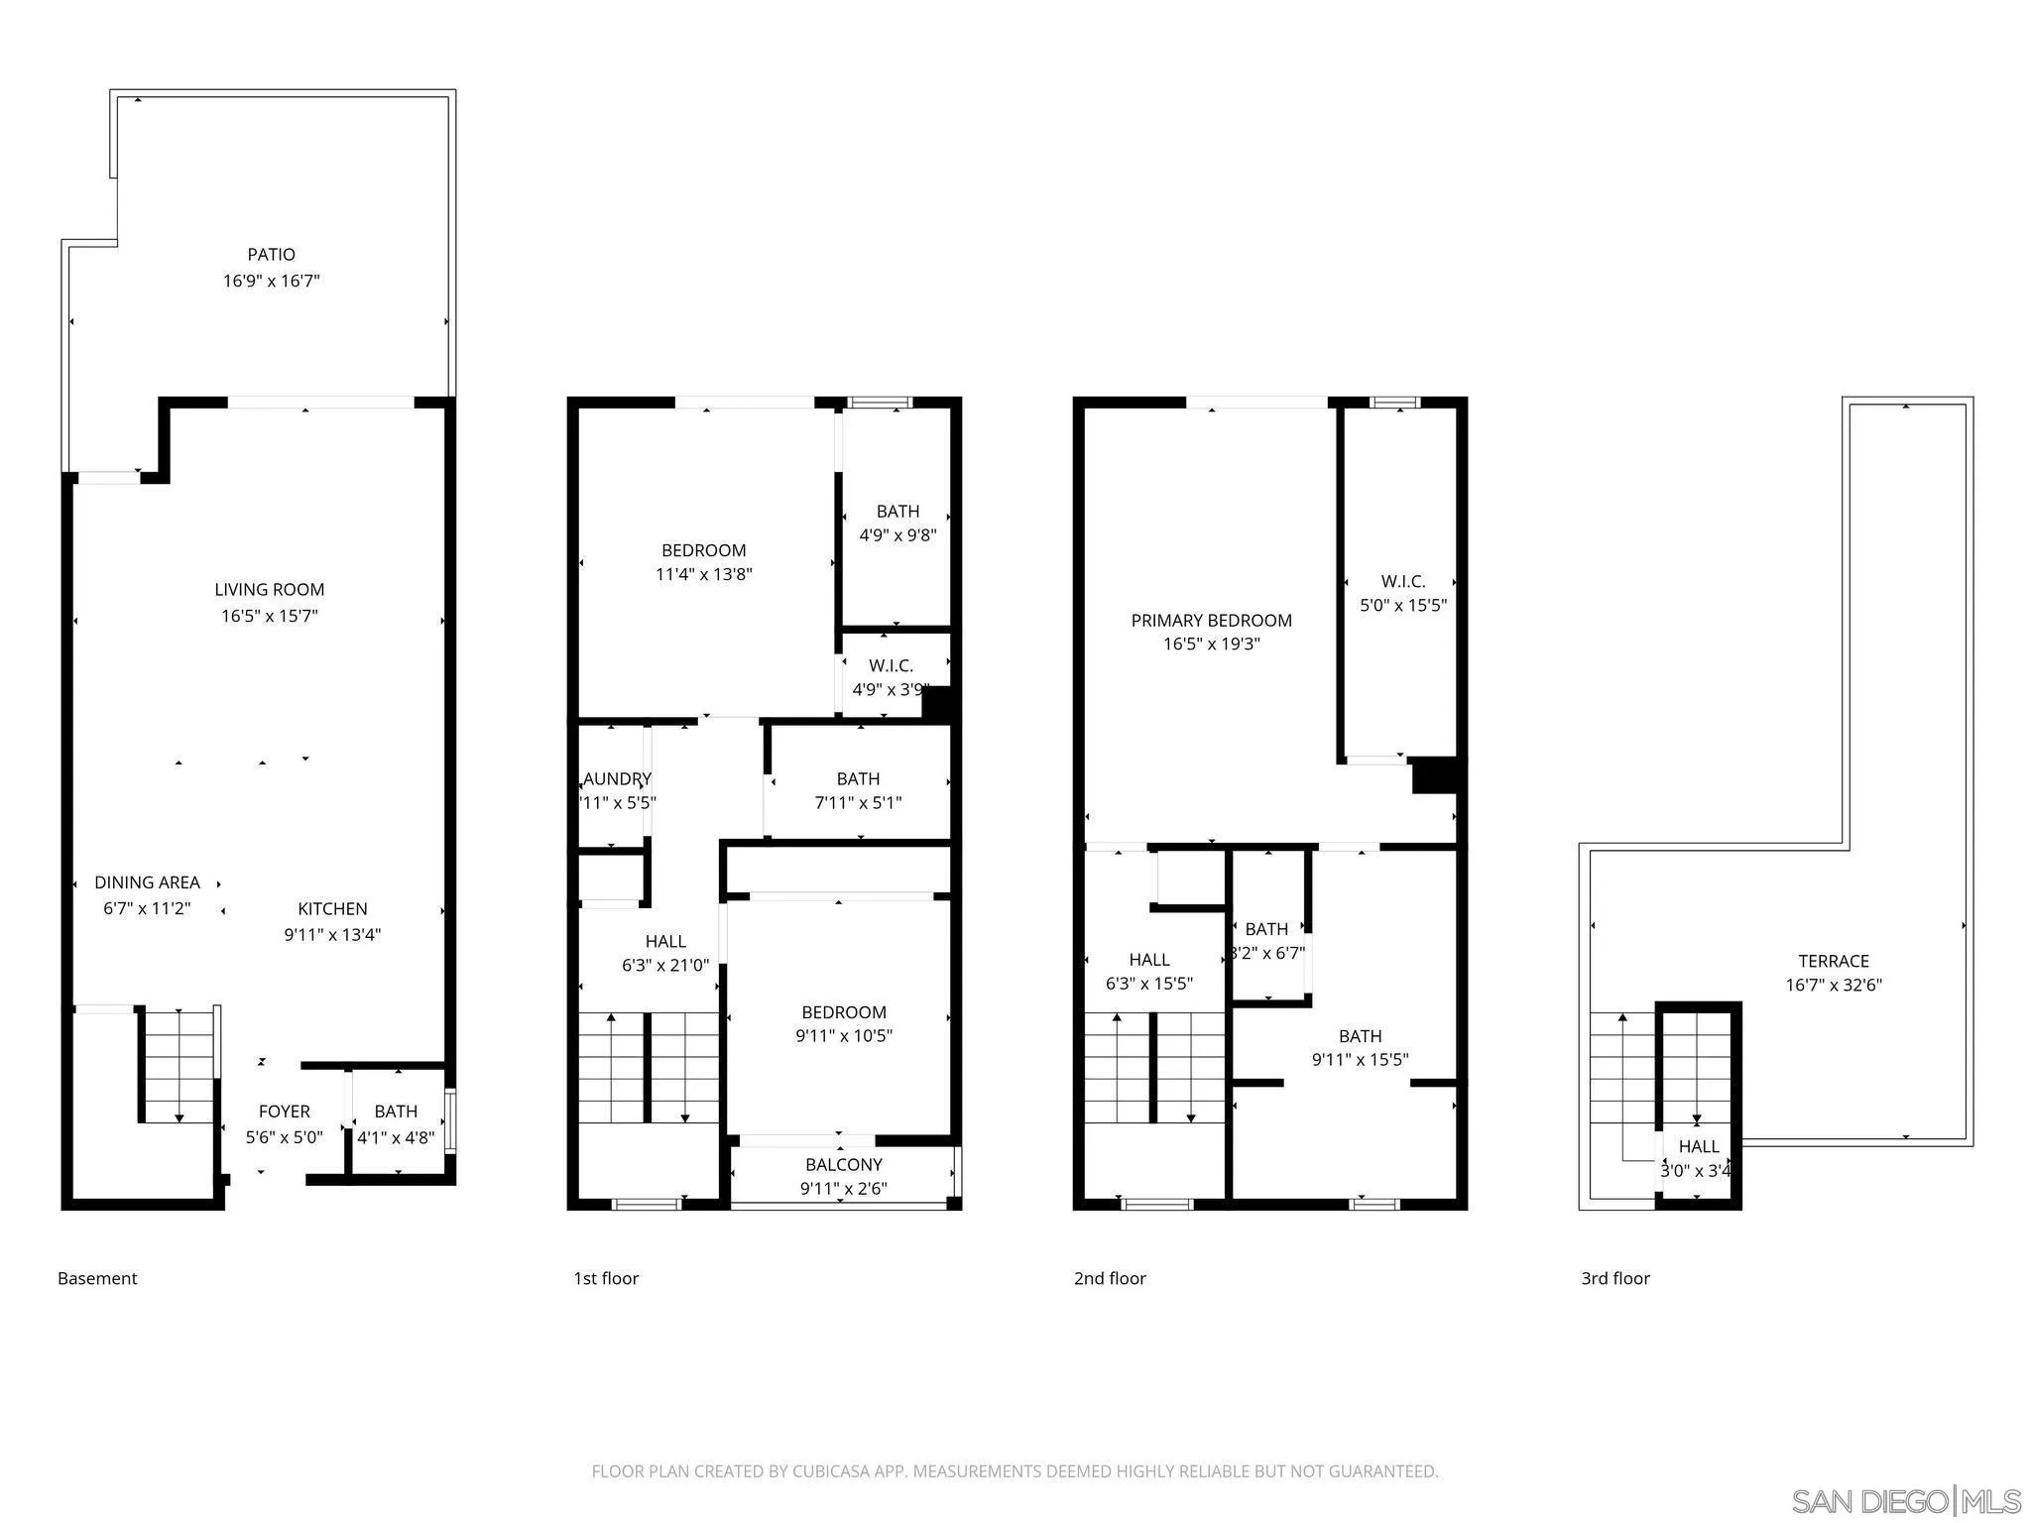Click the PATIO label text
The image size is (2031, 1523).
(x=271, y=255)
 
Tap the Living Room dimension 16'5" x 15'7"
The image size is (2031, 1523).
(x=269, y=616)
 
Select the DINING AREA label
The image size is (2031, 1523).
(x=147, y=882)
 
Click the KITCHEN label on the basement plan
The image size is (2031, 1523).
(x=332, y=908)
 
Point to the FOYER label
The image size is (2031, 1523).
(x=285, y=1112)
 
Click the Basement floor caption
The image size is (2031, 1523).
(x=97, y=1278)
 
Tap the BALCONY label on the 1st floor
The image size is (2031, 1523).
(x=843, y=1164)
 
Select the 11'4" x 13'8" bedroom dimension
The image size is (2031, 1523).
(x=704, y=574)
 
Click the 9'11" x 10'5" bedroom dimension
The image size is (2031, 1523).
(x=843, y=1036)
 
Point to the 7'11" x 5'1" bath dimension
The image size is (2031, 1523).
(x=858, y=803)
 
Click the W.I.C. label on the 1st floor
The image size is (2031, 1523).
(x=891, y=665)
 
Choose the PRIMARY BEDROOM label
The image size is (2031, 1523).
(x=1211, y=621)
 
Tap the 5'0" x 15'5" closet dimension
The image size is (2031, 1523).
(x=1402, y=605)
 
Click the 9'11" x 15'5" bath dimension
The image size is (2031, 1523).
(x=1360, y=1060)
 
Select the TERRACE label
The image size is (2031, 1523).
(x=1833, y=961)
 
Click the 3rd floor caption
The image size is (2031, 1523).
(x=1614, y=1278)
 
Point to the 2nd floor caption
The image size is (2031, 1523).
(x=1109, y=1278)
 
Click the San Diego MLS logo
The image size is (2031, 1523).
(x=1905, y=1500)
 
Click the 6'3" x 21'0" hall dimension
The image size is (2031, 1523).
(x=665, y=965)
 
